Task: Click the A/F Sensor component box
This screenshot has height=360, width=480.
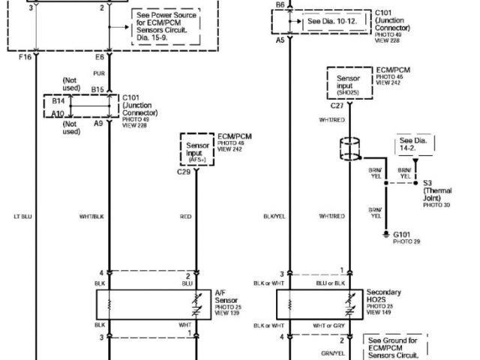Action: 154,304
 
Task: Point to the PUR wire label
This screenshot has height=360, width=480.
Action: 97,73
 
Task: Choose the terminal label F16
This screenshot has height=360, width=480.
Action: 24,56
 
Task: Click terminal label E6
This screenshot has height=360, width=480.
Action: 99,56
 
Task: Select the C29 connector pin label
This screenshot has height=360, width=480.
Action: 184,172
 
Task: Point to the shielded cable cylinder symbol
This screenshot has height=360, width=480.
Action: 347,149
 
